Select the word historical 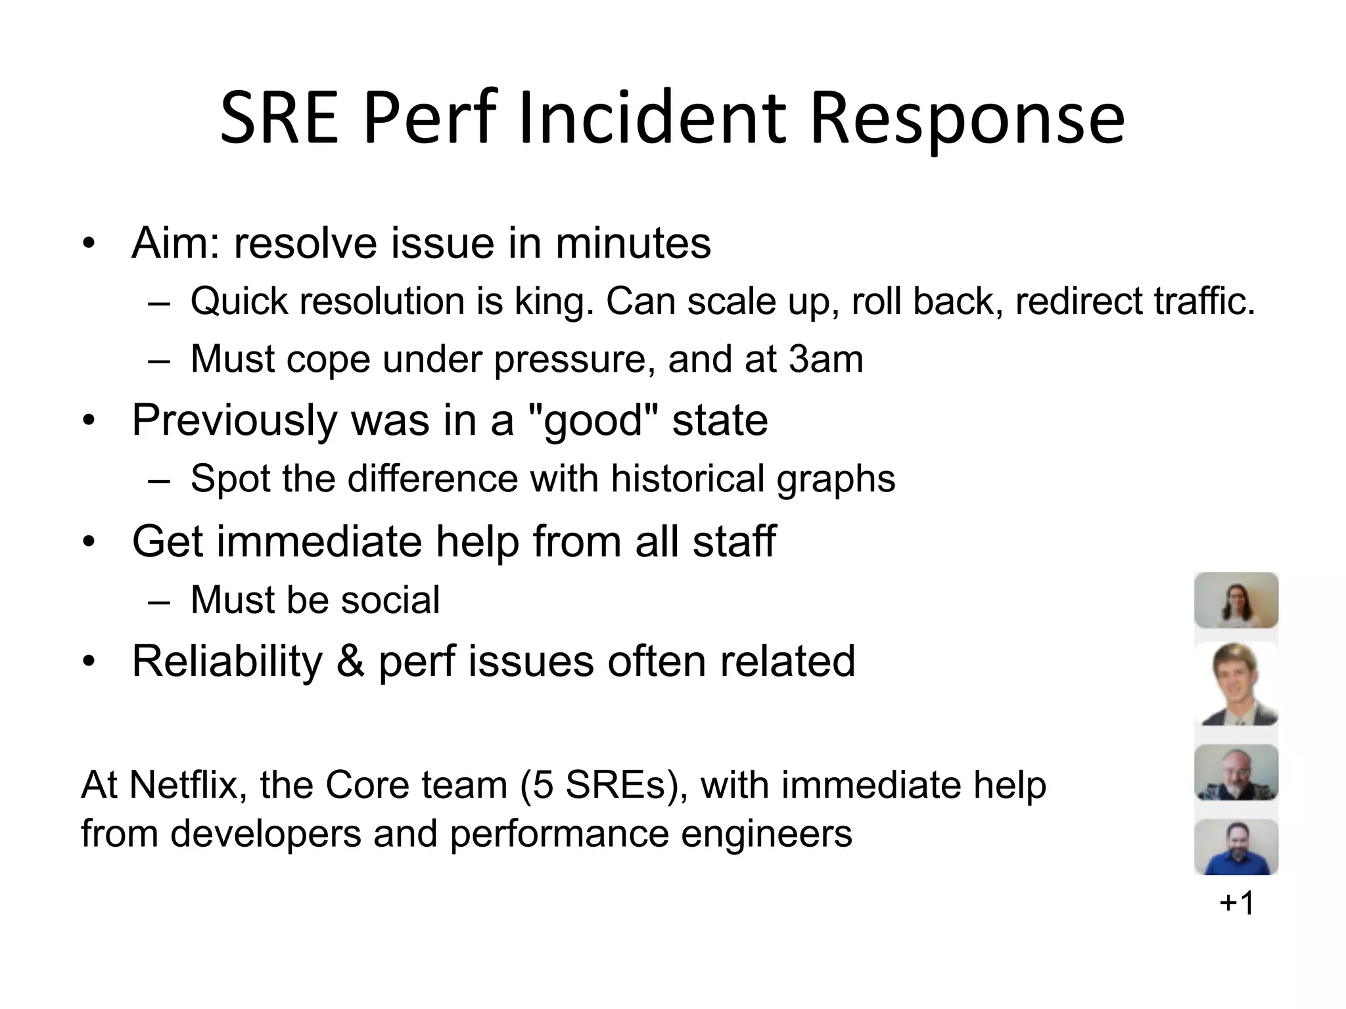pyautogui.click(x=687, y=478)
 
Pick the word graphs pyautogui.click(x=836, y=480)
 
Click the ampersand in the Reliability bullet pyautogui.click(x=350, y=661)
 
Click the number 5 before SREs pyautogui.click(x=543, y=784)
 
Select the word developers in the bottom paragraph pyautogui.click(x=266, y=834)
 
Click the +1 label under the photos pyautogui.click(x=1236, y=903)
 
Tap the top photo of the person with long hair pyautogui.click(x=1236, y=600)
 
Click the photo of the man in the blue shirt pyautogui.click(x=1236, y=847)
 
